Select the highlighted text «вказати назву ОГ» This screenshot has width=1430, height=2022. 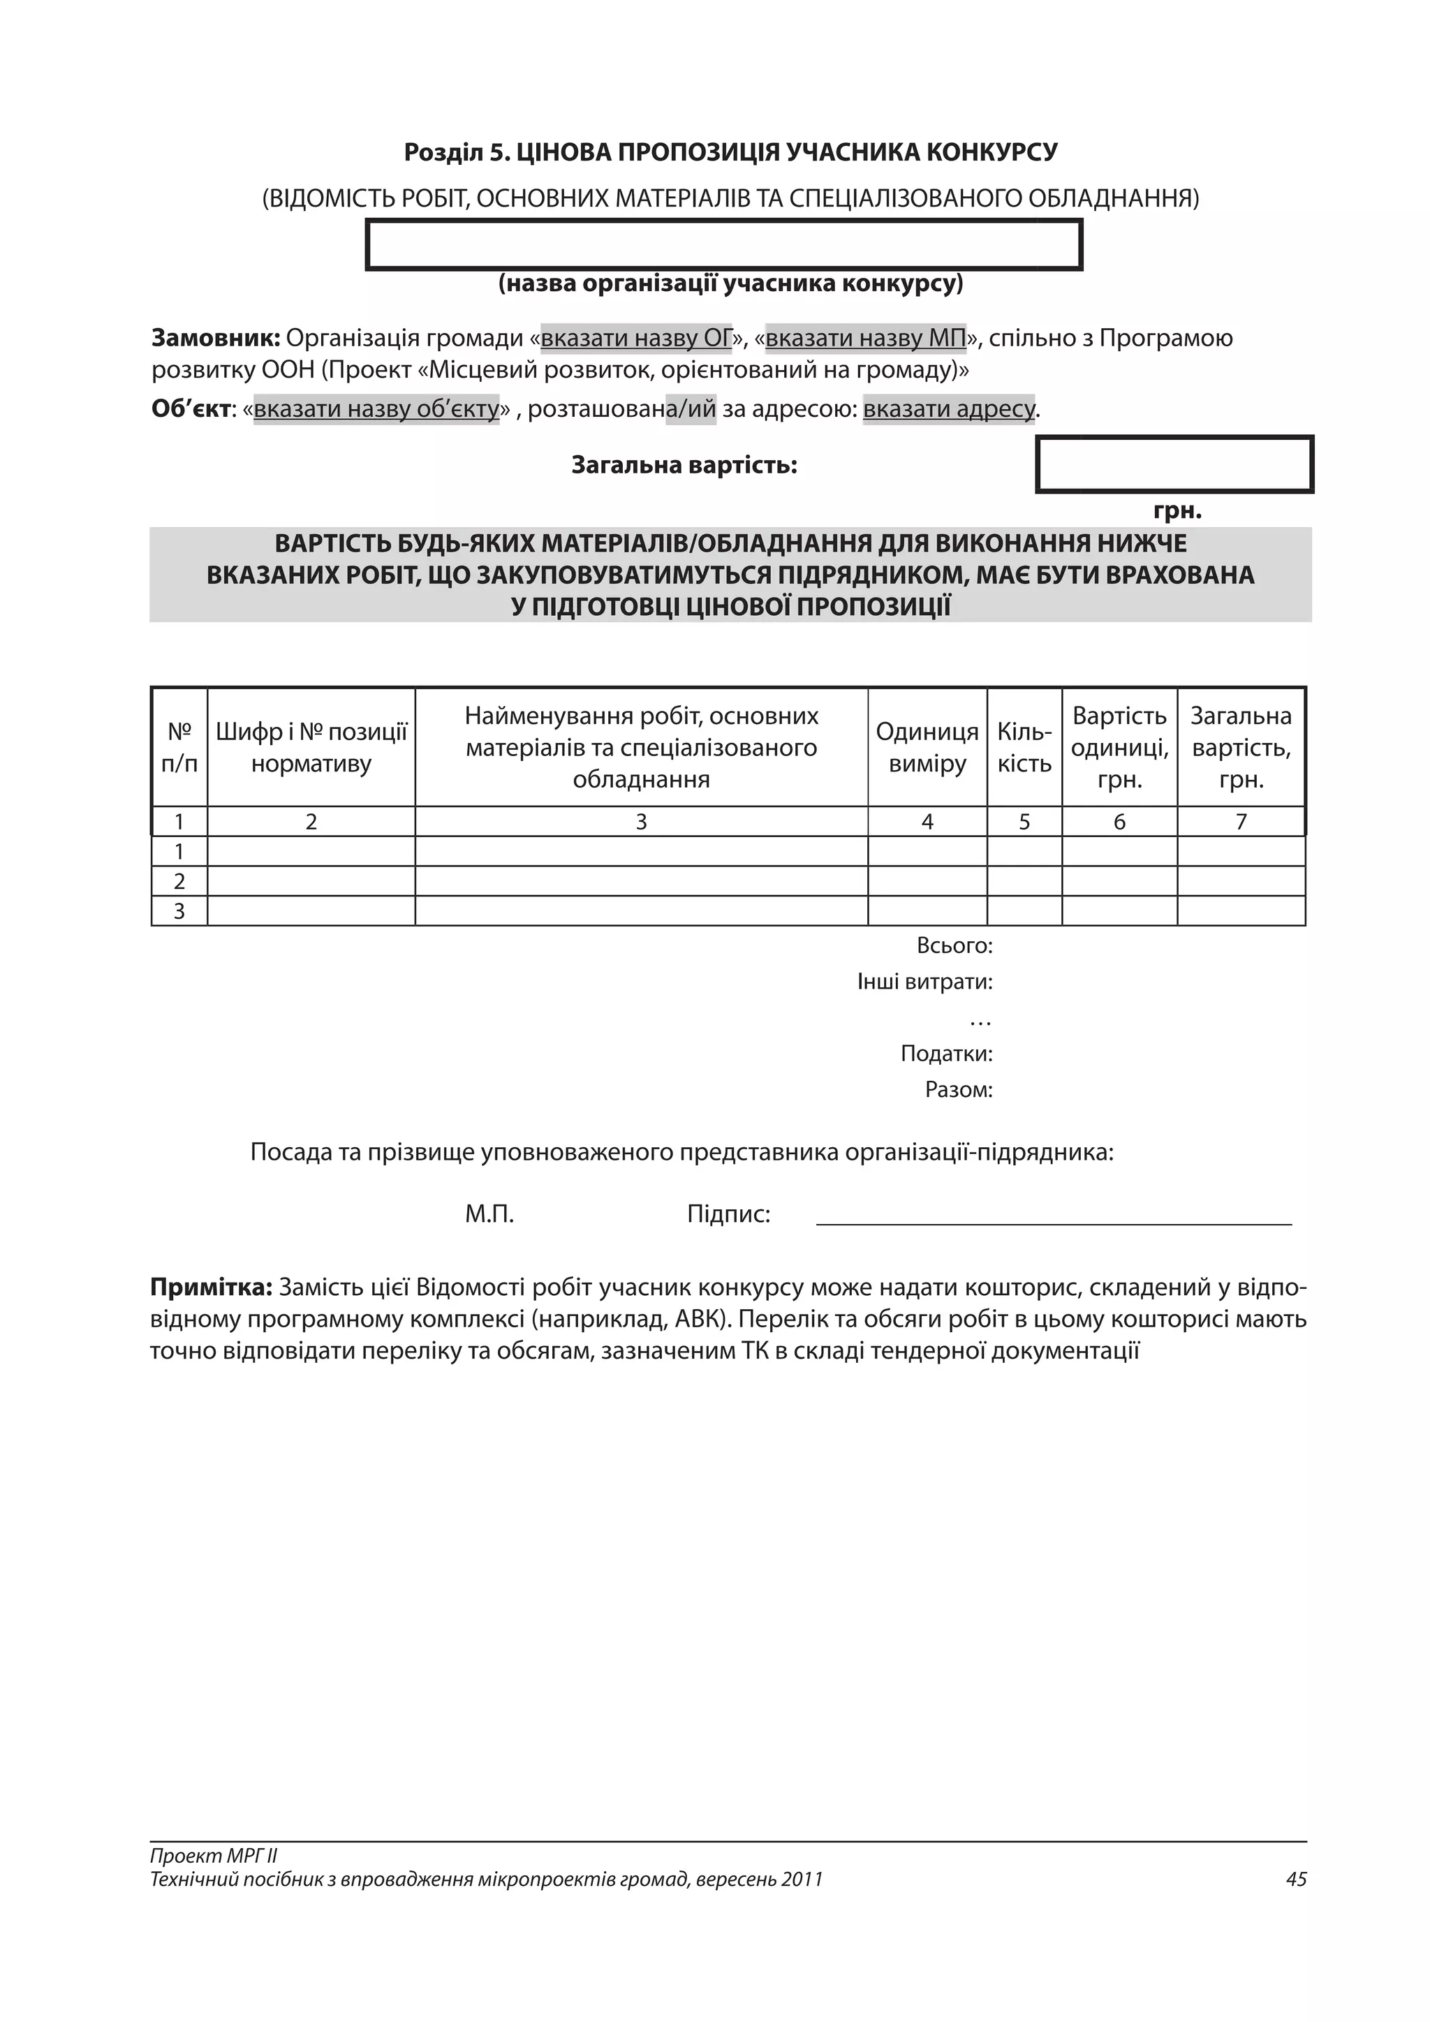pos(636,338)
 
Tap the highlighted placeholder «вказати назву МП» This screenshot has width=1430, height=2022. pos(866,338)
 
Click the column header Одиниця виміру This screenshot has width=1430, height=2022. pos(927,747)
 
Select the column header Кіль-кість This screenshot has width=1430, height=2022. pos(1024,747)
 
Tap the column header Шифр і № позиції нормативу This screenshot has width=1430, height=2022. pos(311,747)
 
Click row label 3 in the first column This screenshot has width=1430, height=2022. pos(179,910)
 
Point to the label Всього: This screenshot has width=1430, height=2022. pos(954,946)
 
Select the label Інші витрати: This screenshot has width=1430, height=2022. pos(924,981)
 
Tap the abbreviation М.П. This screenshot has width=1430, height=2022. pos(489,1214)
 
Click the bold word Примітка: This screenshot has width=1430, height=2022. pos(212,1287)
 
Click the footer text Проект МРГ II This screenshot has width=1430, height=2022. pos(214,1856)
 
